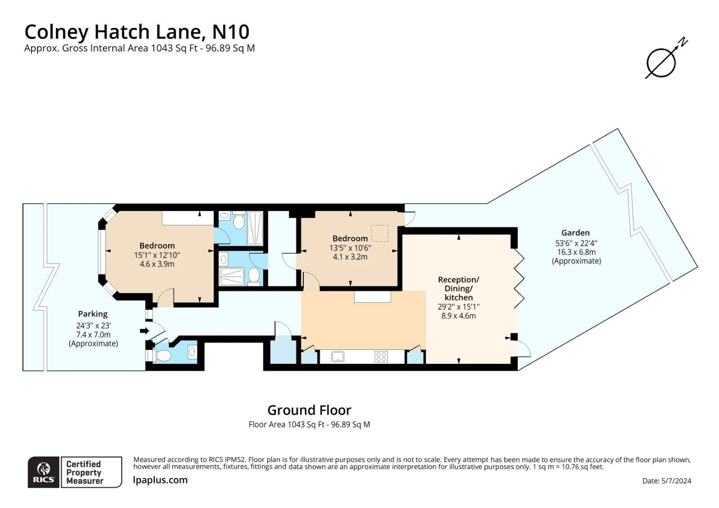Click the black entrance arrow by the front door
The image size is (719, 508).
[x=144, y=331]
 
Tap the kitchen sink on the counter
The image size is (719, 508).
[x=337, y=357]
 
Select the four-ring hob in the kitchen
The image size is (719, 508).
[x=381, y=357]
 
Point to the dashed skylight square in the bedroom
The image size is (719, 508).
[x=380, y=233]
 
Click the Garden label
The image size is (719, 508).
[x=575, y=233]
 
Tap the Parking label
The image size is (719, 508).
[x=93, y=314]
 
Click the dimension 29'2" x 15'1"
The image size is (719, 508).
[x=458, y=307]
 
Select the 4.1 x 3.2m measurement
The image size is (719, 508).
[x=350, y=257]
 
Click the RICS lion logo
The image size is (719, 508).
[x=44, y=472]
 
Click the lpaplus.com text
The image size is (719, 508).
[x=160, y=480]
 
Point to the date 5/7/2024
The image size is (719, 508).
[x=676, y=481]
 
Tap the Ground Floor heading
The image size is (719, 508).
[x=309, y=410]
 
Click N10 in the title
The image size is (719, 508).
[x=231, y=32]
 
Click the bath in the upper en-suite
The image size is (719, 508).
[x=255, y=228]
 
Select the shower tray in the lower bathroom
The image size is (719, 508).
[x=232, y=276]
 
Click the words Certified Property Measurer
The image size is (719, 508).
[x=84, y=472]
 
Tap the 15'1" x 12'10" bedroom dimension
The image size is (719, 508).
[x=157, y=255]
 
